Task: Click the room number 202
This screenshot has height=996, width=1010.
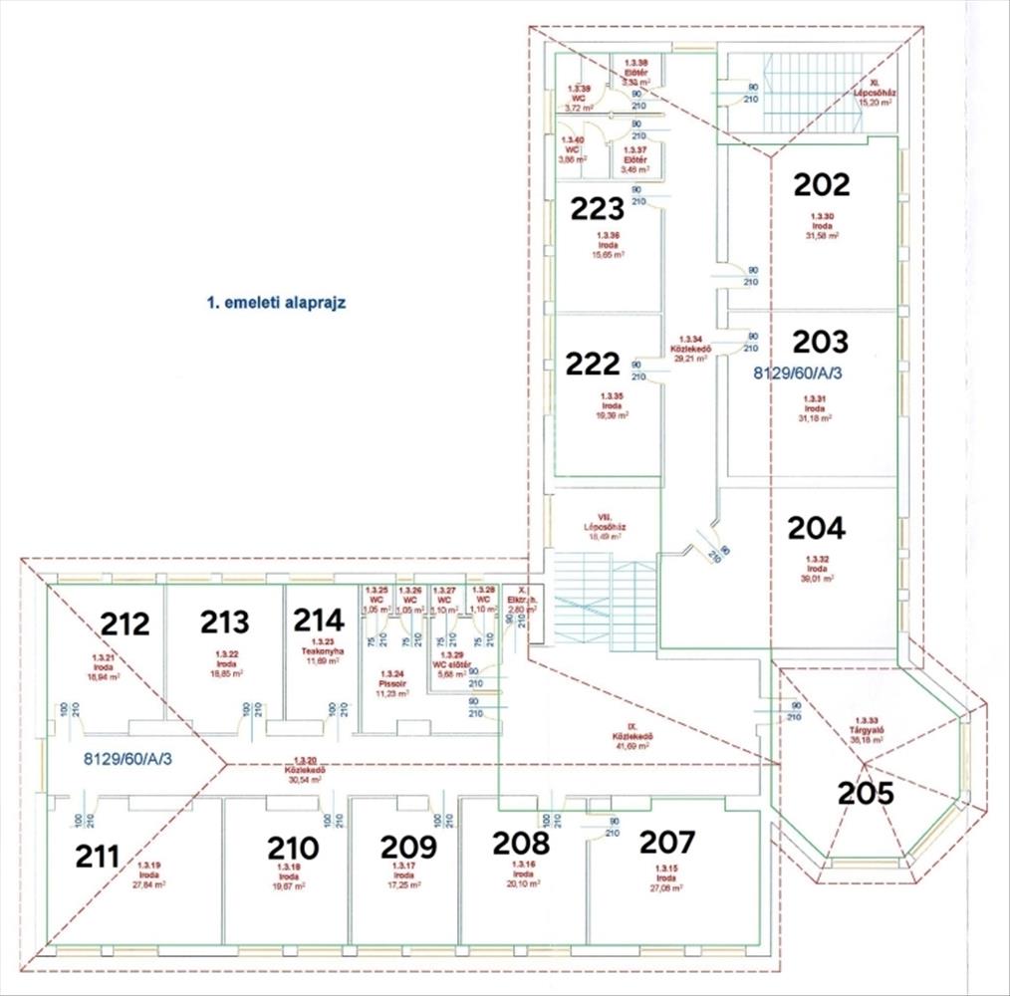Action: (822, 184)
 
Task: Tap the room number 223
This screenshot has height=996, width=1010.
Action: (597, 208)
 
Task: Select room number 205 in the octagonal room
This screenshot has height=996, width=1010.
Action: (866, 794)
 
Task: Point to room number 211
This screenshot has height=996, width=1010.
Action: (98, 856)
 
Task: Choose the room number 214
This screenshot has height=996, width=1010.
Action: (319, 621)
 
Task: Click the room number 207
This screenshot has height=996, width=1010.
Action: (666, 843)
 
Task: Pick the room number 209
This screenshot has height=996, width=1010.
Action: (408, 847)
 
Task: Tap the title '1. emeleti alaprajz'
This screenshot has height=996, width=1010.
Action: (275, 303)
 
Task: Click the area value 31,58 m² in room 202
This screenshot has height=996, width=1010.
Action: (822, 236)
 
